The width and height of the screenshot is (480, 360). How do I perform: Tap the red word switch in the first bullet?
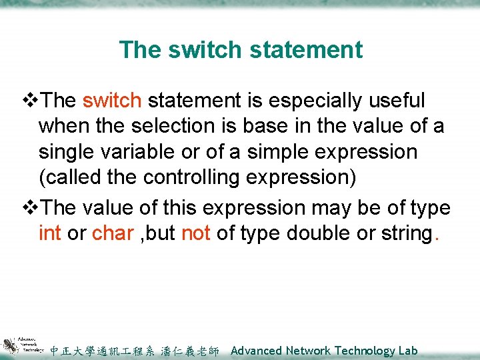click(112, 101)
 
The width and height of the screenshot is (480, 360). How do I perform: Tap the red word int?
click(49, 233)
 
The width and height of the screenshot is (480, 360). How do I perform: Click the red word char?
click(113, 233)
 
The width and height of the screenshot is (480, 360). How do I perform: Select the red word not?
click(197, 233)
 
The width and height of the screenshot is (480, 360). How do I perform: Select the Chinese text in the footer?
click(134, 351)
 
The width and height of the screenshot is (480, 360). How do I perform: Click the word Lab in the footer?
click(408, 351)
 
